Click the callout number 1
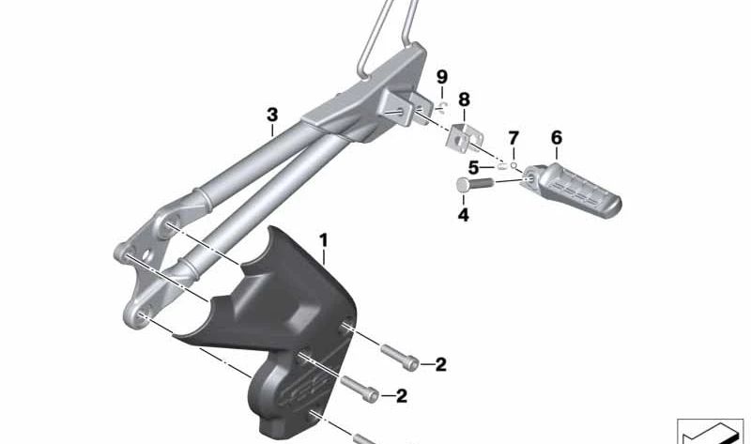(324, 240)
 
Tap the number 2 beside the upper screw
(440, 365)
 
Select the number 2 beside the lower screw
(401, 396)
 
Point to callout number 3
(272, 115)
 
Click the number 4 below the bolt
(464, 215)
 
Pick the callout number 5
(474, 167)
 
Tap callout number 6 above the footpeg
(557, 138)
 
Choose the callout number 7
(513, 139)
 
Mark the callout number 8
(464, 100)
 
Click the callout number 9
(442, 76)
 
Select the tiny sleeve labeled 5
(502, 166)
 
